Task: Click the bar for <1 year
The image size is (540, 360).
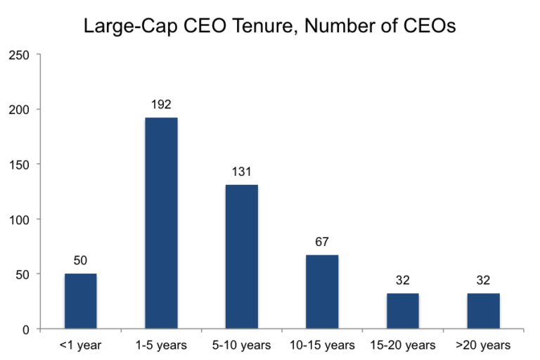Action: pos(80,301)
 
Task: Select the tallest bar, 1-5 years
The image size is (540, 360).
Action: pos(161,223)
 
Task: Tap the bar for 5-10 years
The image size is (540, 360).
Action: pos(241,257)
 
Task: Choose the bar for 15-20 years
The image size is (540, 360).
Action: pos(403,311)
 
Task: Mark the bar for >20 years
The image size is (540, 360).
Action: pos(483,311)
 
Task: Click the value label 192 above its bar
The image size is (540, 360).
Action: pos(161,105)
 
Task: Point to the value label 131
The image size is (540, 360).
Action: pos(241,172)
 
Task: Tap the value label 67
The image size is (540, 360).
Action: pos(322,243)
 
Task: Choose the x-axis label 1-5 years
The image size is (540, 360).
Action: pos(161,345)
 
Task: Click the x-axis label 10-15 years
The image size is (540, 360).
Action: pos(322,345)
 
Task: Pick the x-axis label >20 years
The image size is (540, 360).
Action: pos(483,345)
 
